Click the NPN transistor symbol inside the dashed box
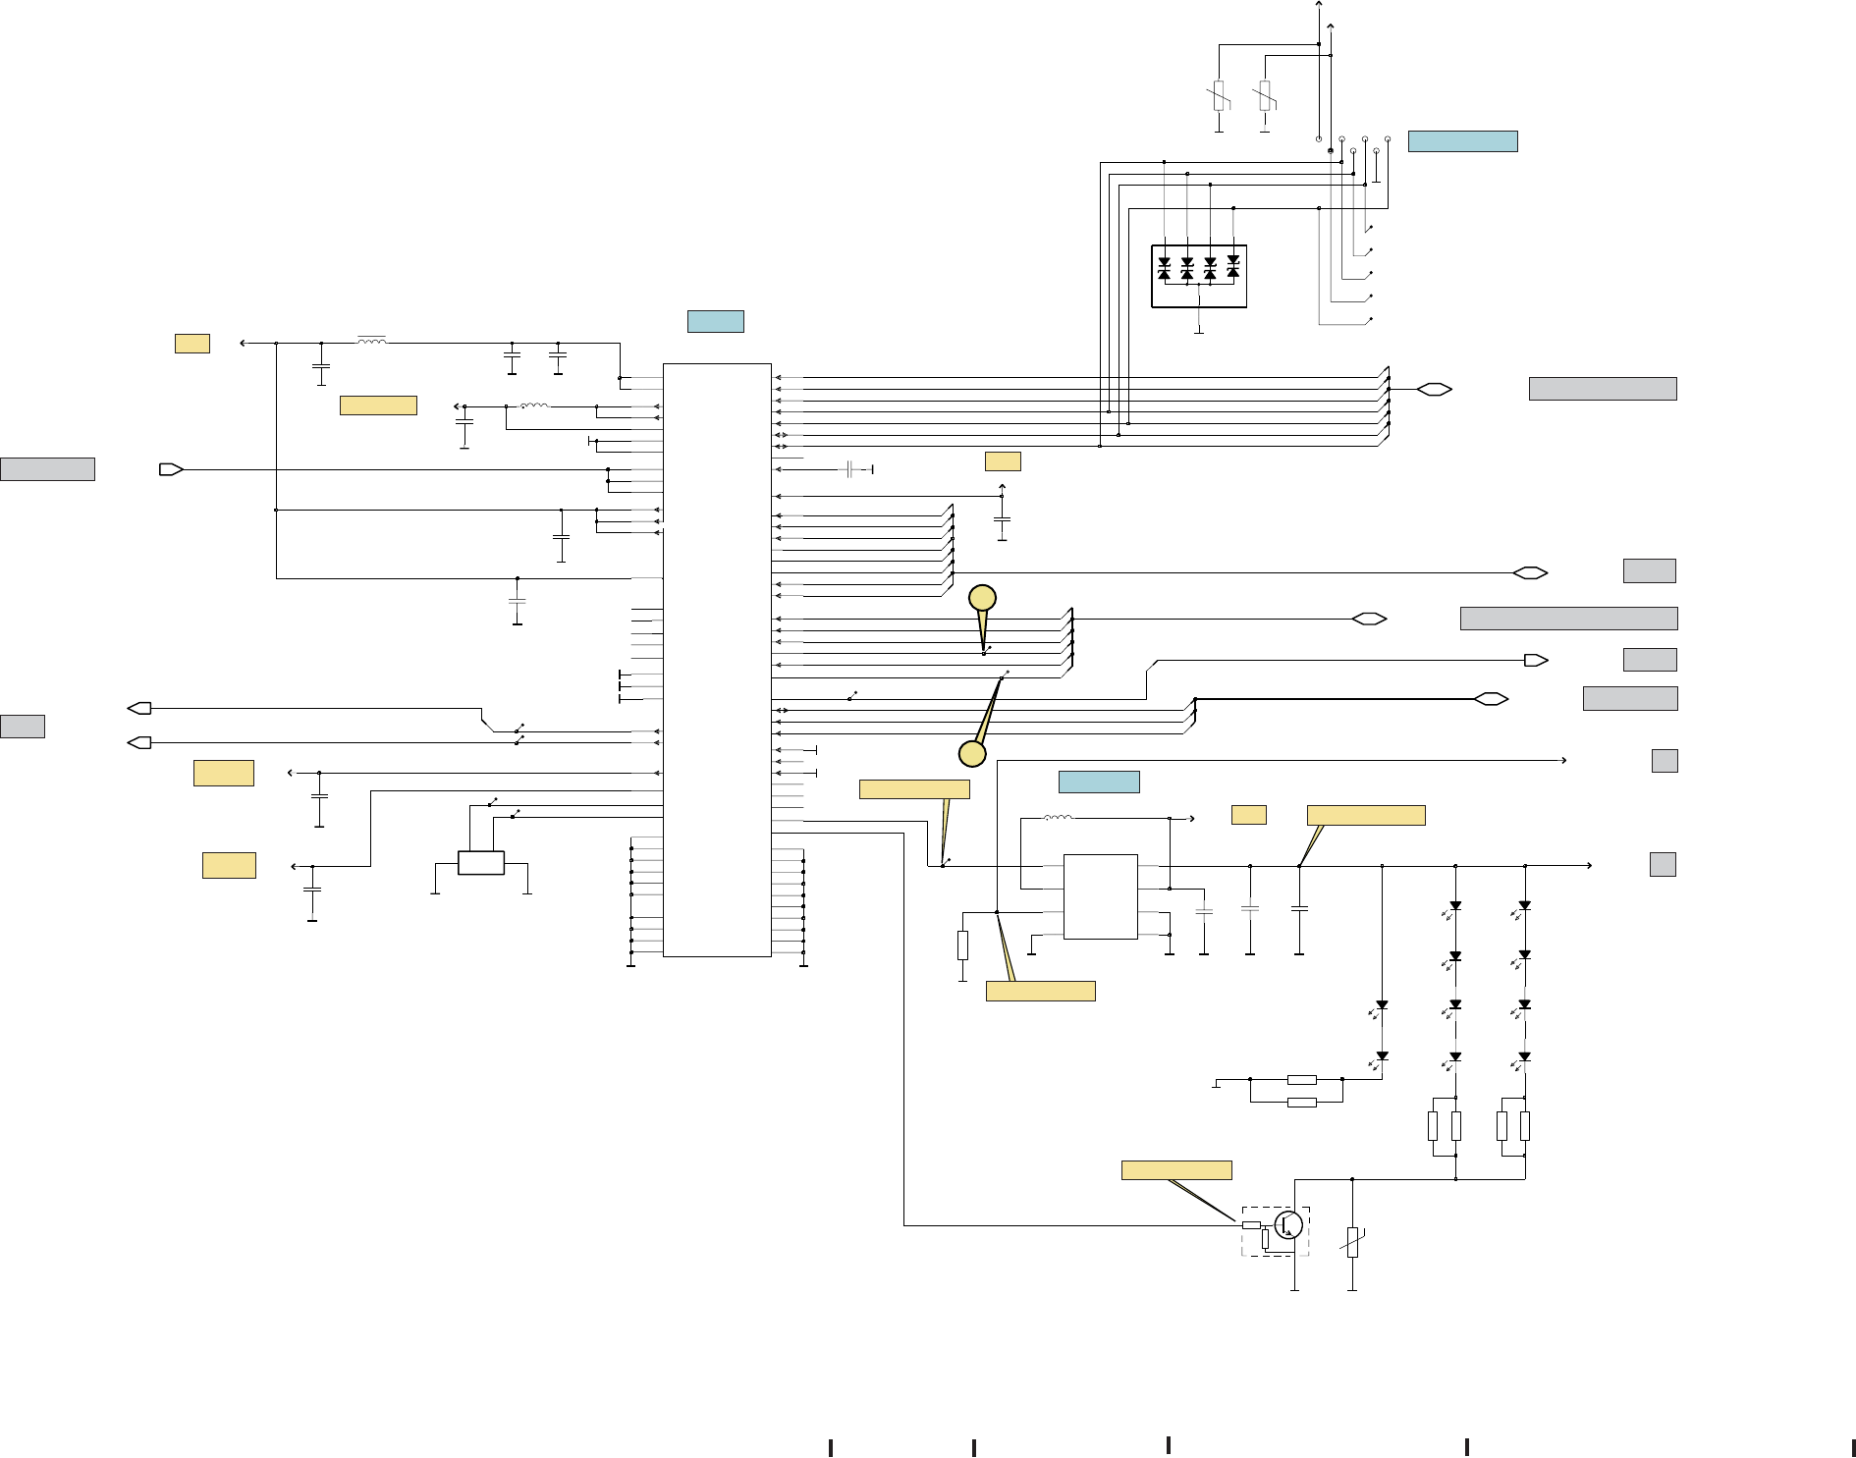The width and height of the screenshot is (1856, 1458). click(1287, 1225)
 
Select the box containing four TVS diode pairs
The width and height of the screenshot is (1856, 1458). click(1199, 276)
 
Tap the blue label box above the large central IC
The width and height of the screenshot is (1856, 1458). click(715, 321)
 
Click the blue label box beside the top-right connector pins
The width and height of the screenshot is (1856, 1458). click(1462, 141)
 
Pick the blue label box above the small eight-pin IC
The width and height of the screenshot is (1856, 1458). click(1099, 782)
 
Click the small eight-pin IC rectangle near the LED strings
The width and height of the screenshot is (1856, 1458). click(1100, 896)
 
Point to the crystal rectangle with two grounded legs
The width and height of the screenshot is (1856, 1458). click(481, 863)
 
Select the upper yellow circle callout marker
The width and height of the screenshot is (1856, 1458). click(982, 598)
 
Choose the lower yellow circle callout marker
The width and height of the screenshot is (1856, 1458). click(972, 753)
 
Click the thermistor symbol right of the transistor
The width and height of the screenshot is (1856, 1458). click(1352, 1242)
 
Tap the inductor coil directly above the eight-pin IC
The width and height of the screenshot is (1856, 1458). click(1059, 817)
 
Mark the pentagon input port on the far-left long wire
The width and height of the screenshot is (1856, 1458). click(171, 469)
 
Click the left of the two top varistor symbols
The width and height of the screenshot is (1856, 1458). click(1219, 95)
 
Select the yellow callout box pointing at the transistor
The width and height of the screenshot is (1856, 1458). click(1176, 1170)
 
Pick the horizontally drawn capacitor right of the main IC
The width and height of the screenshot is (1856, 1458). click(849, 469)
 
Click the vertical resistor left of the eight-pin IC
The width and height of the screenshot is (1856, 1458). click(962, 945)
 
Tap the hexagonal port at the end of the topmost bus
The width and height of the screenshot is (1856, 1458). click(1434, 390)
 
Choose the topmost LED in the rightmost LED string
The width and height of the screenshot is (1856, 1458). click(1524, 906)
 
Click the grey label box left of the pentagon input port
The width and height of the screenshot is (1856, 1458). click(47, 469)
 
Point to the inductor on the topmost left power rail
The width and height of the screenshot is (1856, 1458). click(371, 342)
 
